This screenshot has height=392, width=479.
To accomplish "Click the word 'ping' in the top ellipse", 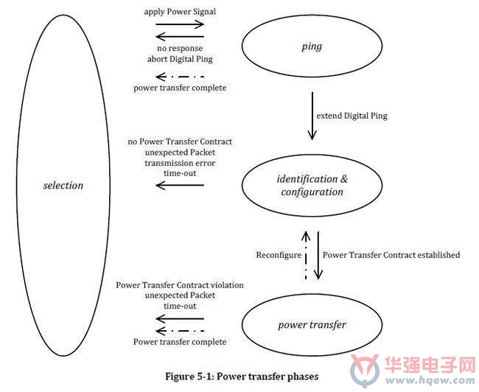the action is [312, 46].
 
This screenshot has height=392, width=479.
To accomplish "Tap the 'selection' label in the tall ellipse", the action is [63, 185].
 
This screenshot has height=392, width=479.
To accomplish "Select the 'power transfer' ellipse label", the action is [312, 324].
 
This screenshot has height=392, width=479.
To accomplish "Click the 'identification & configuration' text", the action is [312, 185].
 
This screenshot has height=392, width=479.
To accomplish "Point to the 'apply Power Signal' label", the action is [180, 12].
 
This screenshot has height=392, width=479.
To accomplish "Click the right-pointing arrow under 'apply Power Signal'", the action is [180, 24].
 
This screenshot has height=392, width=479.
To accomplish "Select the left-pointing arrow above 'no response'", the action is [180, 37].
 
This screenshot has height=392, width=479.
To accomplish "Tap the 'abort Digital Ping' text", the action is [180, 59].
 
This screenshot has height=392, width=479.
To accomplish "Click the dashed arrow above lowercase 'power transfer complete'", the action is [180, 77].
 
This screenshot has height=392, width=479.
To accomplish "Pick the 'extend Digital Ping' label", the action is [352, 116].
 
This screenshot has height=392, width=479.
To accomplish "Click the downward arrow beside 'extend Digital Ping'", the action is [312, 116].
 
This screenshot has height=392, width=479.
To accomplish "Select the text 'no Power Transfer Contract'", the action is [180, 141].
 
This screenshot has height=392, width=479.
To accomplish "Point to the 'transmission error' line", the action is [180, 163].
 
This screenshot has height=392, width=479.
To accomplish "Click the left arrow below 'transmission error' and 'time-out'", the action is [180, 185].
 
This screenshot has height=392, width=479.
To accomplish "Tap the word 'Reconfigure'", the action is [279, 255].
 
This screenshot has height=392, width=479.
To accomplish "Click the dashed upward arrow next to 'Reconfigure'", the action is [306, 255].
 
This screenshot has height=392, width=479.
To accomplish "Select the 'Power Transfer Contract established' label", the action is [391, 255].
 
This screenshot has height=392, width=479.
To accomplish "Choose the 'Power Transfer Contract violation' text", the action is [180, 285].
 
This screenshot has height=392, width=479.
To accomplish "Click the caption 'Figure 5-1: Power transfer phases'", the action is [242, 376].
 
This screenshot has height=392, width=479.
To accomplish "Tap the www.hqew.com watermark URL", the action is [430, 381].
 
